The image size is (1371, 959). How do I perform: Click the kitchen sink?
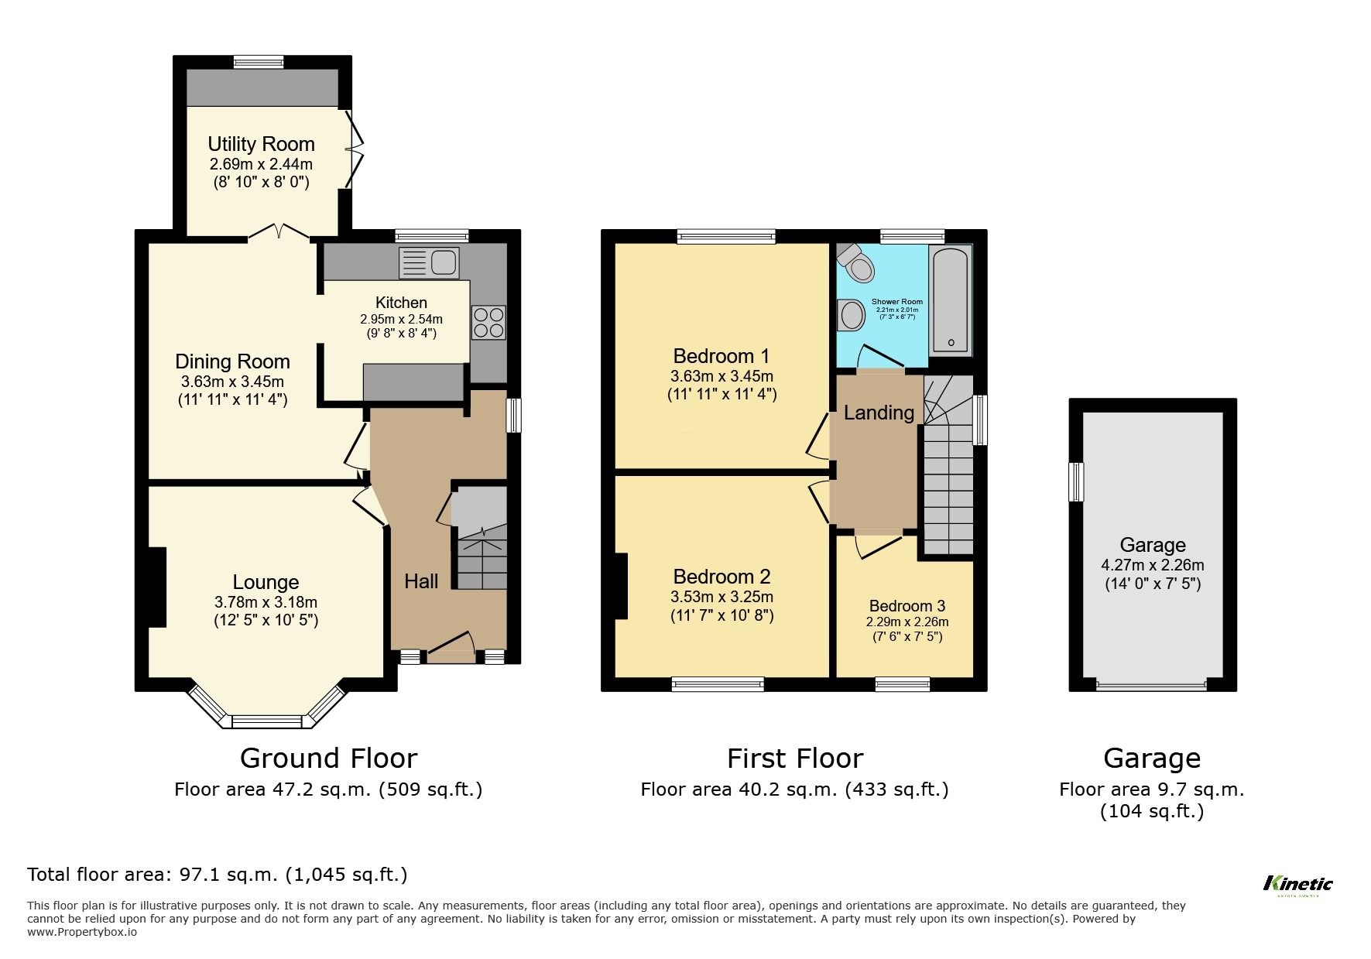(x=430, y=262)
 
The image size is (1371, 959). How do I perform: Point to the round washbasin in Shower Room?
(x=852, y=315)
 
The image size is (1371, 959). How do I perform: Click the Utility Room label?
(x=261, y=144)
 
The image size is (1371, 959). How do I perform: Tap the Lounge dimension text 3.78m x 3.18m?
(x=266, y=602)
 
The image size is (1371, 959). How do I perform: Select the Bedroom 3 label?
(x=907, y=606)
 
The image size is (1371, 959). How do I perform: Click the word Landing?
(x=878, y=413)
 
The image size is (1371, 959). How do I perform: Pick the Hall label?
(x=421, y=581)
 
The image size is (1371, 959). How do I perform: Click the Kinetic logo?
(x=1297, y=884)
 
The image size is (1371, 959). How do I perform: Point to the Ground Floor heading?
(x=328, y=758)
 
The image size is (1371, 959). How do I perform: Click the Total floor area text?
(x=217, y=875)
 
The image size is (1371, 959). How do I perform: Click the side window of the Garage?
(x=1076, y=481)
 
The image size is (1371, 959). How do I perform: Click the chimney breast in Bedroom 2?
(x=621, y=585)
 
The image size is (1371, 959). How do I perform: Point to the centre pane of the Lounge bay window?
(x=266, y=721)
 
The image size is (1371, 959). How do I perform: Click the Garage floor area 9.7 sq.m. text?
(x=1151, y=789)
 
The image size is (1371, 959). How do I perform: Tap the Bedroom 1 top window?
(x=725, y=237)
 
